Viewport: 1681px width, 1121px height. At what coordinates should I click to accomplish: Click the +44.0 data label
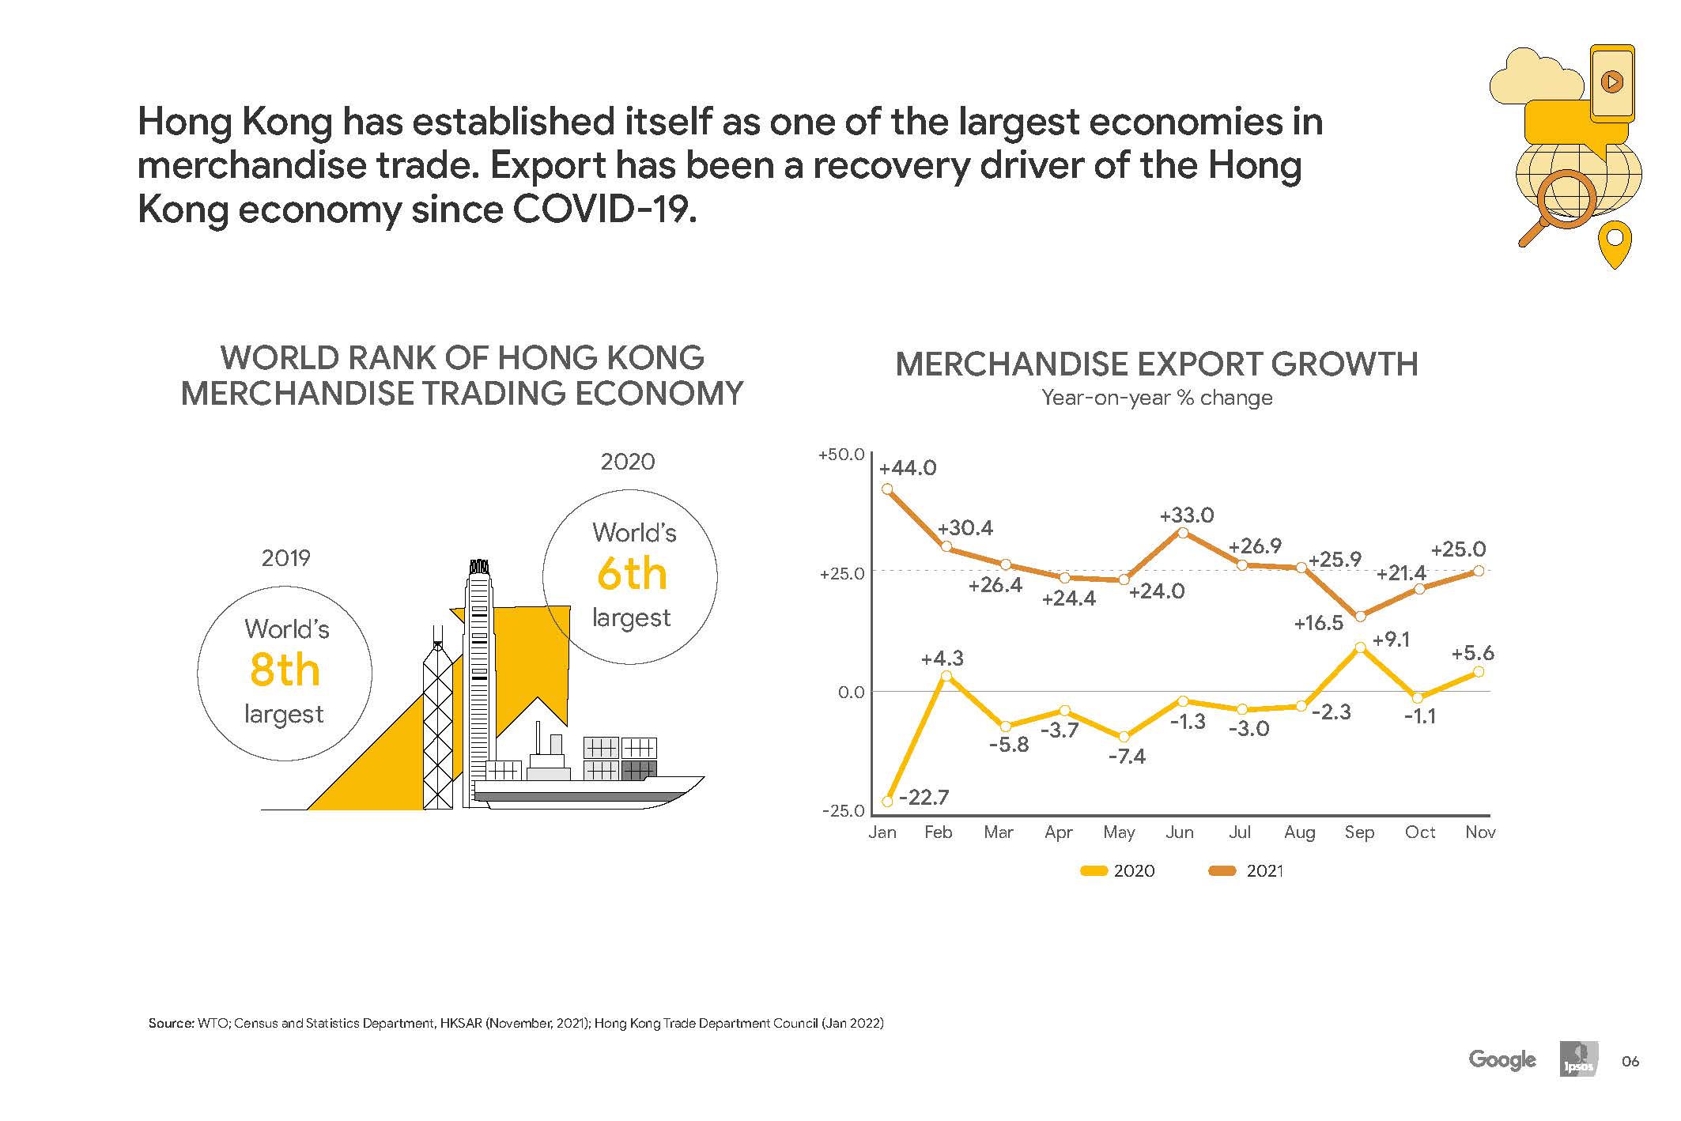(x=907, y=468)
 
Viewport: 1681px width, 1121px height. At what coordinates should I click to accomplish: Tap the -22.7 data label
(x=924, y=797)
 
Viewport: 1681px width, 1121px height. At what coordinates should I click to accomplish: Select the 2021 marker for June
(x=1183, y=533)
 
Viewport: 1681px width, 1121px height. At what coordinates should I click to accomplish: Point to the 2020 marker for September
(x=1360, y=647)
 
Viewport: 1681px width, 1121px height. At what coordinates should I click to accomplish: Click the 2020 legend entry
(x=1118, y=870)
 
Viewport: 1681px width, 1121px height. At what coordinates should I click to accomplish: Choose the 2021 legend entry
(x=1247, y=870)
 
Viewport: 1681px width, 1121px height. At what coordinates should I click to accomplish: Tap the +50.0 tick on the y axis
(x=841, y=455)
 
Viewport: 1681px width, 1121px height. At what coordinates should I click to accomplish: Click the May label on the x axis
(x=1119, y=832)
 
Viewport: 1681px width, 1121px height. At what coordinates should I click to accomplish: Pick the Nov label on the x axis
(x=1479, y=832)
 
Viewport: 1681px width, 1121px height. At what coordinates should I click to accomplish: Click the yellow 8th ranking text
(x=285, y=670)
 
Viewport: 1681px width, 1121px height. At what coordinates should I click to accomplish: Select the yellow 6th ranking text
(x=632, y=574)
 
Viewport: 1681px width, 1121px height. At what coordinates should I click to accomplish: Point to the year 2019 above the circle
(x=285, y=558)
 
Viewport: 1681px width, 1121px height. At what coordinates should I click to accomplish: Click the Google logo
(x=1502, y=1059)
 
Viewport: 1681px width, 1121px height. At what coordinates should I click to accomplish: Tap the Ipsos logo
(x=1578, y=1060)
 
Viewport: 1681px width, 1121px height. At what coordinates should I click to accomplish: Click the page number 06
(x=1630, y=1061)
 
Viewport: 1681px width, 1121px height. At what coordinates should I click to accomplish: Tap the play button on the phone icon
(x=1611, y=81)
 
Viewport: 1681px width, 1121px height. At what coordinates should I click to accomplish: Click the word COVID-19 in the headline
(x=604, y=209)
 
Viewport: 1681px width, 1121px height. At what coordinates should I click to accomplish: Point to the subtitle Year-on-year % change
(x=1157, y=398)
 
